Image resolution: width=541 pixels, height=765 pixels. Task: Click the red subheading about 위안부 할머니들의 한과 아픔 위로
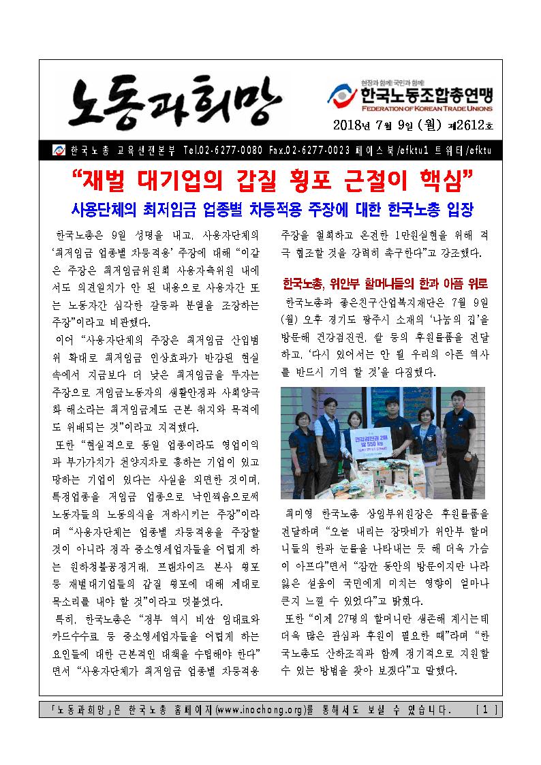(x=385, y=282)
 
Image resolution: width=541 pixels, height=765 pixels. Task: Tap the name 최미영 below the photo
(x=298, y=511)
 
